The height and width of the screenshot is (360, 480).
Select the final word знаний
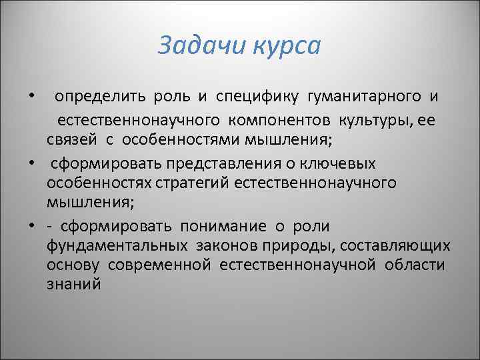click(73, 284)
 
